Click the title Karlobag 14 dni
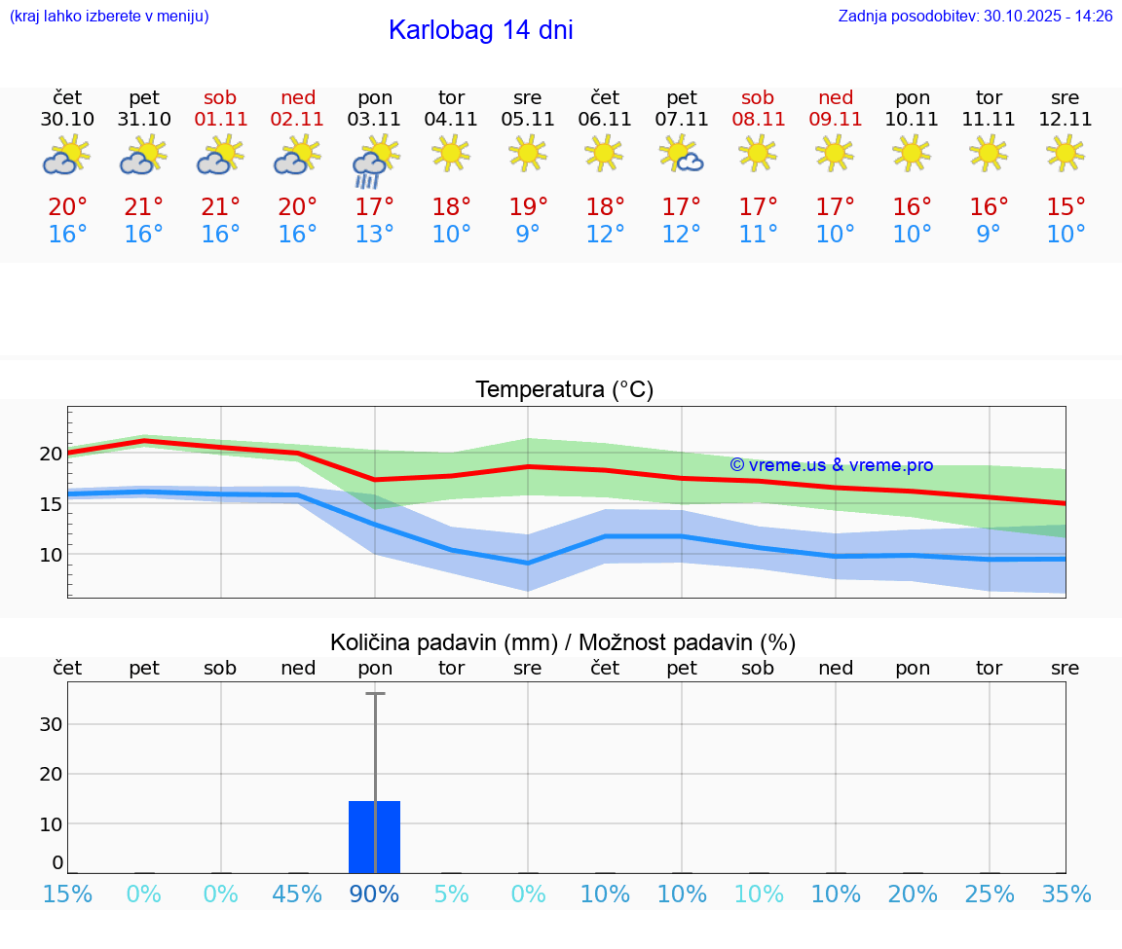pyautogui.click(x=480, y=30)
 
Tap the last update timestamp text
pyautogui.click(x=975, y=16)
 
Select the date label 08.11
pyautogui.click(x=758, y=120)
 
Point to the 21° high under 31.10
pyautogui.click(x=143, y=206)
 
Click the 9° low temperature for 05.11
pyautogui.click(x=528, y=235)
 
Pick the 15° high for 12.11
pyautogui.click(x=1066, y=206)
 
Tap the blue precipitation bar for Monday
pyautogui.click(x=374, y=837)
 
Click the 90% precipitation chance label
pyautogui.click(x=374, y=894)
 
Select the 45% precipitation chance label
pyautogui.click(x=297, y=894)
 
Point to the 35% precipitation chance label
pyautogui.click(x=1066, y=894)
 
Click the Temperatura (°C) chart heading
pyautogui.click(x=564, y=390)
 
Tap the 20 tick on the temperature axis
pyautogui.click(x=52, y=454)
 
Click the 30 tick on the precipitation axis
pyautogui.click(x=52, y=724)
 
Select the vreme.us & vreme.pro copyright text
pyautogui.click(x=831, y=465)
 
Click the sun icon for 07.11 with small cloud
pyautogui.click(x=681, y=154)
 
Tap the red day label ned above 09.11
pyautogui.click(x=835, y=97)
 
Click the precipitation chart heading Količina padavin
pyautogui.click(x=562, y=642)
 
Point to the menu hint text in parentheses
pyautogui.click(x=108, y=16)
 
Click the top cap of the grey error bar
pyautogui.click(x=375, y=694)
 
